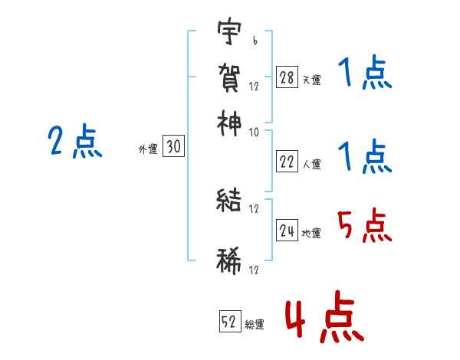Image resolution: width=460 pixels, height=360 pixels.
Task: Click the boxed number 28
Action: [286, 77]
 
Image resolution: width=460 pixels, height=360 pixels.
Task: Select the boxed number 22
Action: [286, 162]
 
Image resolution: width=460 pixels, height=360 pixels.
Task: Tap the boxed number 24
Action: [287, 230]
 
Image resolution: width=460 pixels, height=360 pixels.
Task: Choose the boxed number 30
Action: [173, 146]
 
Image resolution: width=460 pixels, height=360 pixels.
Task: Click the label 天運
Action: [311, 80]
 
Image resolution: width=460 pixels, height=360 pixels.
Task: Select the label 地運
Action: [311, 233]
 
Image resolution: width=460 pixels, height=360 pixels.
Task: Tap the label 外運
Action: [148, 149]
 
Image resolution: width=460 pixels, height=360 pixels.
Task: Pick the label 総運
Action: [255, 325]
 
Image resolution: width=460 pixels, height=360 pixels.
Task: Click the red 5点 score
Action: [363, 225]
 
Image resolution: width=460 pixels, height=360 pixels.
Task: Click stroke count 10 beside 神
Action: [254, 132]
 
